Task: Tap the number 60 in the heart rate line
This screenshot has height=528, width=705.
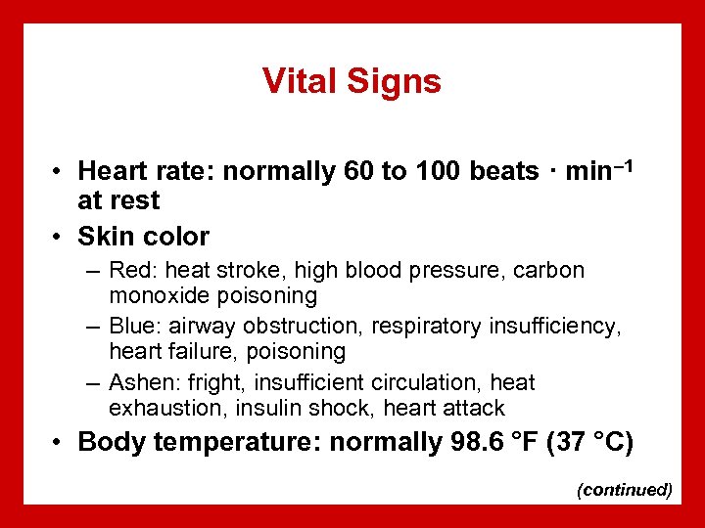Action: [x=359, y=172]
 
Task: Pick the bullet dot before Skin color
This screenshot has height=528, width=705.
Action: [x=61, y=237]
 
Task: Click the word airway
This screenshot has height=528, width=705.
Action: [x=200, y=326]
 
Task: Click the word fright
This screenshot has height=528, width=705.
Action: [x=211, y=382]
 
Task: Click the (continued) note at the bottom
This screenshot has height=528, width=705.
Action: [x=625, y=490]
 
